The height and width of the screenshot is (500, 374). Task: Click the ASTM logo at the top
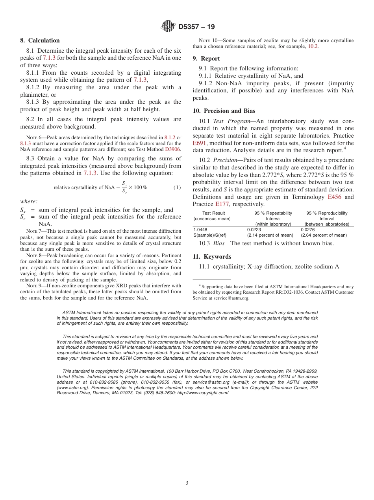[x=168, y=27]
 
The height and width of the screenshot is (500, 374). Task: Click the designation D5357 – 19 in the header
[x=196, y=27]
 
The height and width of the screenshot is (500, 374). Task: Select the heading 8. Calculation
[x=40, y=40]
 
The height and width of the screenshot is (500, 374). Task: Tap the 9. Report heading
[x=206, y=59]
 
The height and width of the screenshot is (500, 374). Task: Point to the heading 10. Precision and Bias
[x=224, y=111]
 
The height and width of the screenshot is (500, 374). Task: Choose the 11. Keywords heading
[x=212, y=257]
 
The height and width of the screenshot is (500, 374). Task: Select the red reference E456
[x=335, y=197]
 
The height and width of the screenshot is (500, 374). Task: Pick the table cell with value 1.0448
[x=200, y=230]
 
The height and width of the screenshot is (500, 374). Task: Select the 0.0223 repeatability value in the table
[x=254, y=230]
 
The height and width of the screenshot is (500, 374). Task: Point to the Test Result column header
[x=213, y=213]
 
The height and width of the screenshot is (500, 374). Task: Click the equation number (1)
[x=177, y=187]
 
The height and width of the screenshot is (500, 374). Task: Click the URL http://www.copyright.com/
[x=203, y=393]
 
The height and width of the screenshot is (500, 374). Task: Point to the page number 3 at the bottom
[x=187, y=483]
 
